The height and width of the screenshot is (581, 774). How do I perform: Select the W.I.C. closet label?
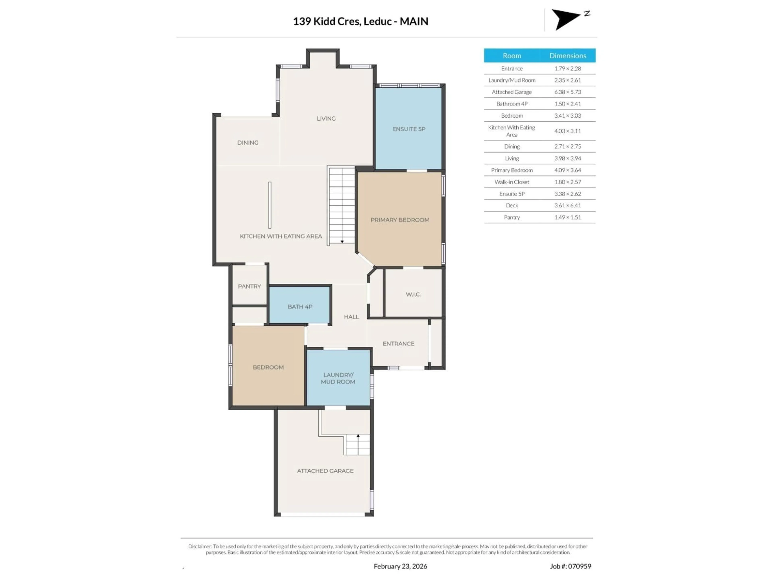click(x=413, y=294)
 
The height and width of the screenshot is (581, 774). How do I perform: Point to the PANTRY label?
click(x=249, y=286)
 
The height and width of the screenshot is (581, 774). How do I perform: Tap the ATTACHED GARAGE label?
click(x=325, y=471)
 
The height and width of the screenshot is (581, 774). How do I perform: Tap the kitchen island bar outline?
click(x=269, y=205)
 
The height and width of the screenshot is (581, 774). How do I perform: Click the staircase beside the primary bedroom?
click(x=341, y=205)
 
